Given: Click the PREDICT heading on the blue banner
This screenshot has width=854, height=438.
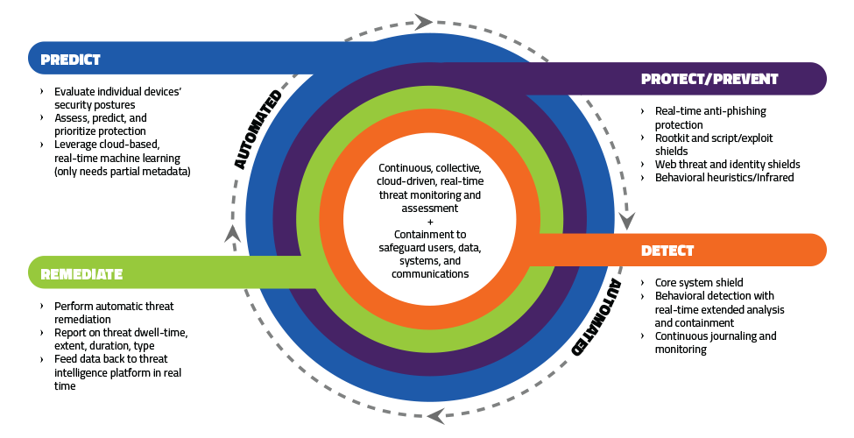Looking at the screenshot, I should click(71, 60).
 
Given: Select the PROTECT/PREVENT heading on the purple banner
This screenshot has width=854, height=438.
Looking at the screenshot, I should click(709, 79).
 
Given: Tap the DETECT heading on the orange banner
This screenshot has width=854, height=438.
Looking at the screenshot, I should click(667, 251).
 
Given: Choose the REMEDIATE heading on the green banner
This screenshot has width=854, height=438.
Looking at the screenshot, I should click(81, 274).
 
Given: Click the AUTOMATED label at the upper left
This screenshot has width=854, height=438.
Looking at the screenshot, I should click(257, 129).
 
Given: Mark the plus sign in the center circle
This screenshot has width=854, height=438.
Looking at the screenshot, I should click(429, 222).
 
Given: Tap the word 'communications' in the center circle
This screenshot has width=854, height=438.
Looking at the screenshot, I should click(429, 273).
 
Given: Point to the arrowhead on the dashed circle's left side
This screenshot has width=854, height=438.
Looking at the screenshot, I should click(230, 233).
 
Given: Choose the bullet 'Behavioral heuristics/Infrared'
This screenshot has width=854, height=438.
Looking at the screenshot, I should click(724, 177).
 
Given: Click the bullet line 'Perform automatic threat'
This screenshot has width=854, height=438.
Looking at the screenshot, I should click(113, 307).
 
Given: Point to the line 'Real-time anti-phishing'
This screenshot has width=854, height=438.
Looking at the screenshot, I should click(710, 111).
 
